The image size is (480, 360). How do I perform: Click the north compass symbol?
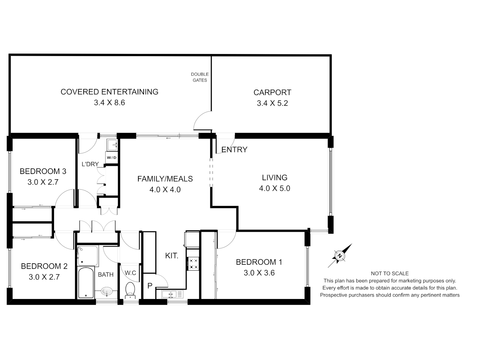(340, 256)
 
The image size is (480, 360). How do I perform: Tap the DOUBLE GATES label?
(200, 77)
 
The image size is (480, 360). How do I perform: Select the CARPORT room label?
(272, 92)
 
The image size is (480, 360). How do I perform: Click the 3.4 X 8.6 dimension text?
(109, 103)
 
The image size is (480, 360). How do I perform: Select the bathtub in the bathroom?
(86, 283)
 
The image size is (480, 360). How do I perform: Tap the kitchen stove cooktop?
(193, 264)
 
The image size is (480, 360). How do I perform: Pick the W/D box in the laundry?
(112, 158)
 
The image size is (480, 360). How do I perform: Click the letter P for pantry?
(150, 286)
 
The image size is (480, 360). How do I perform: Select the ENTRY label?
(234, 150)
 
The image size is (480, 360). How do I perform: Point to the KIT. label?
(172, 256)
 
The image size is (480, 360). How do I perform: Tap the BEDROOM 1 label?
(259, 262)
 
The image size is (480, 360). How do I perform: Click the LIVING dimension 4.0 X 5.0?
(274, 188)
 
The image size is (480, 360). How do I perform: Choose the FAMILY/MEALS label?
(165, 179)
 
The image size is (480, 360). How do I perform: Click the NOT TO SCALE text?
(389, 273)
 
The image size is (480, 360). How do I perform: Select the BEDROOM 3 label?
(43, 171)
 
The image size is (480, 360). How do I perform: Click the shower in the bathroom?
(87, 256)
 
